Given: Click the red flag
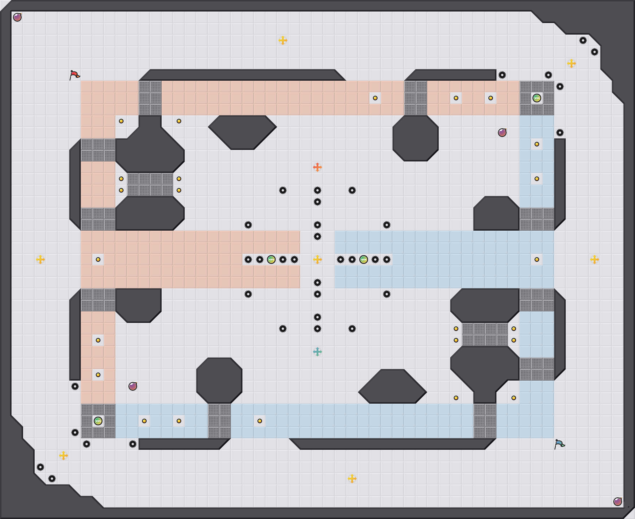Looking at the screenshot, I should (74, 75).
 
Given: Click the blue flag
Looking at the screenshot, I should (559, 444).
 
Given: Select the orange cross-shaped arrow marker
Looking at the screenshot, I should (317, 167).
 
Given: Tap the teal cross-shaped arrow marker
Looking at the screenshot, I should (317, 351).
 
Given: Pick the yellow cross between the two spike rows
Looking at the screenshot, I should (317, 259).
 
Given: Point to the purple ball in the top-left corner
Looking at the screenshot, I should (17, 17).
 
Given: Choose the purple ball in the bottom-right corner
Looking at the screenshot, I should (617, 501).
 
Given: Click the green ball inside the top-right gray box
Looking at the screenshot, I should (537, 98).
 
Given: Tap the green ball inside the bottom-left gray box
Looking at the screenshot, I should (98, 421).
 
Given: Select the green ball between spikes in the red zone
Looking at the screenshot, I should (271, 259).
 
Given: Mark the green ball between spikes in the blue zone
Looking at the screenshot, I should (364, 259).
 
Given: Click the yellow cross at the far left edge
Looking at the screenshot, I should (40, 259).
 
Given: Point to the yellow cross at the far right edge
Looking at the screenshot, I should (594, 259).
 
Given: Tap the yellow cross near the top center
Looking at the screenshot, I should (283, 40).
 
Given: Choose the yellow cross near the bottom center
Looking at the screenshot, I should (352, 479).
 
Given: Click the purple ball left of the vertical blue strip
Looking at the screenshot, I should (502, 132).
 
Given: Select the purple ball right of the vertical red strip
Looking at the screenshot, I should (132, 386).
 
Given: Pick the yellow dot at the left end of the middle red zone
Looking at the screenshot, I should (98, 259).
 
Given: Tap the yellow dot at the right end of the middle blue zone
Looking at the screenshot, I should (537, 259).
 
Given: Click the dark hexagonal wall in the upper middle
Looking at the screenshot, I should (242, 132).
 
